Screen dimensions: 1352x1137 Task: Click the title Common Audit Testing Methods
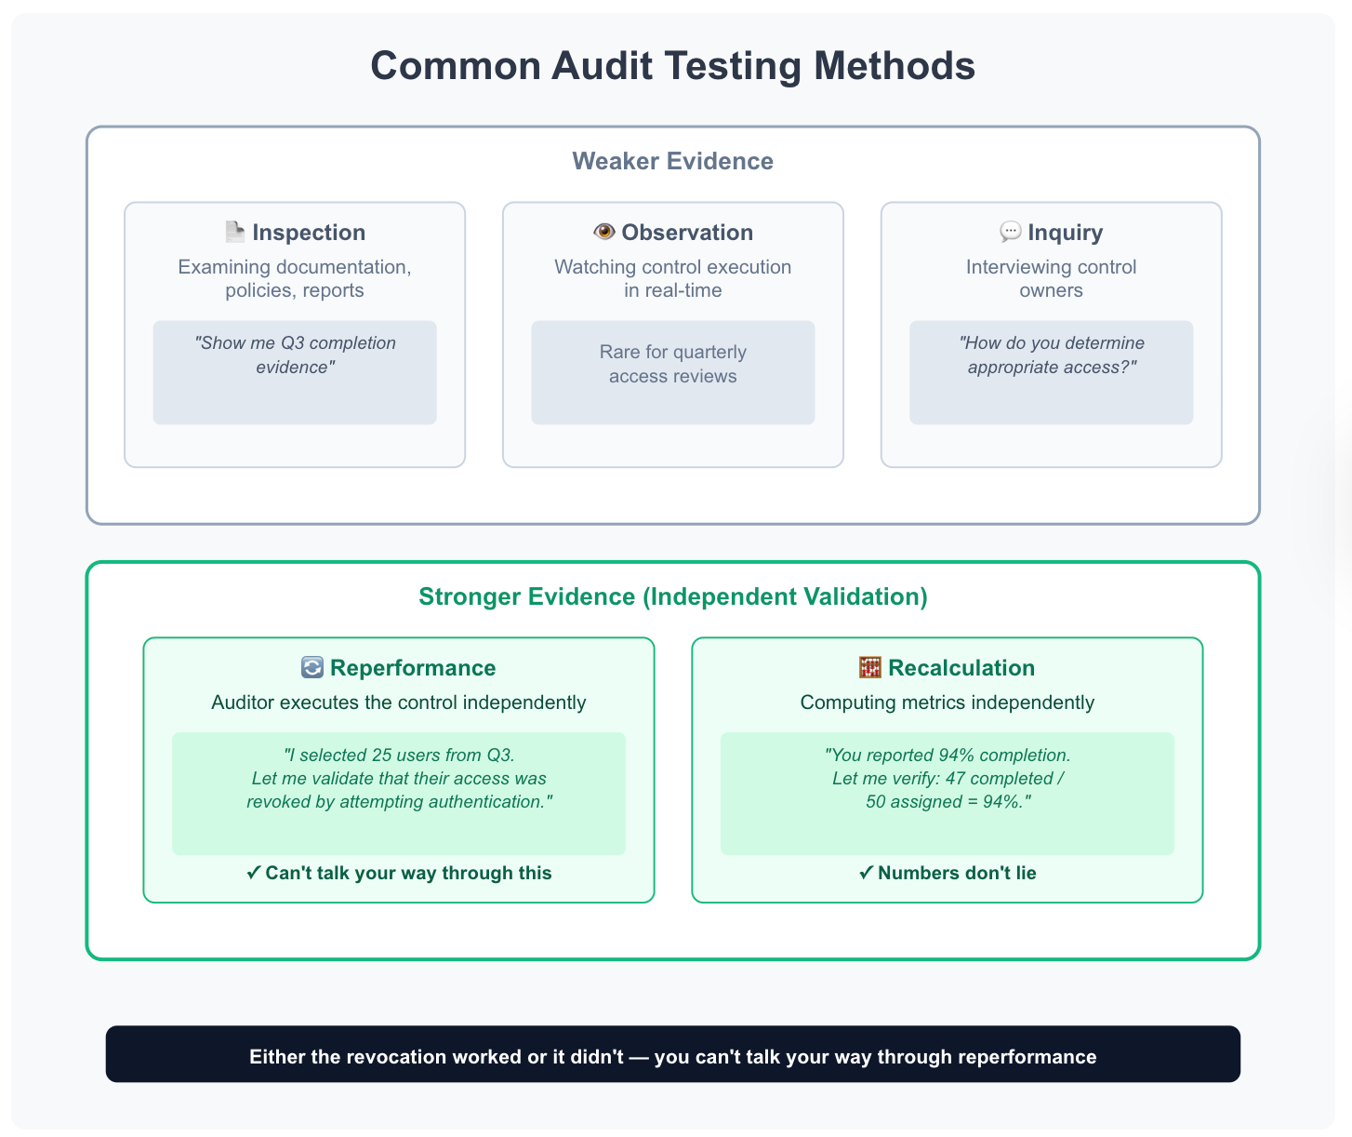tap(672, 66)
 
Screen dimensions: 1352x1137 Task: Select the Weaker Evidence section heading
tap(672, 161)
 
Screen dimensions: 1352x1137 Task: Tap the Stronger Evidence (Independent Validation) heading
tap(672, 596)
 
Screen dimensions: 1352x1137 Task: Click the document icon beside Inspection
tap(235, 232)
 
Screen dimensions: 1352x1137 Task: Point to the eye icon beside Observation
tap(604, 232)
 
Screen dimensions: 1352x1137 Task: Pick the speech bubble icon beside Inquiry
tap(1010, 232)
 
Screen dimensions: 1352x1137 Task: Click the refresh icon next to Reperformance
tap(312, 668)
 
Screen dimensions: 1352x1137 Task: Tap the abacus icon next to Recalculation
tap(869, 668)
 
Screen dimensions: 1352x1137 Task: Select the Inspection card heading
tap(309, 233)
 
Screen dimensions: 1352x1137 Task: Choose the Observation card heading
tap(687, 233)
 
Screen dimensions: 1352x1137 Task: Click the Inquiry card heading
tap(1065, 233)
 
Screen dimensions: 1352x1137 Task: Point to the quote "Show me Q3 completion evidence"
tap(295, 355)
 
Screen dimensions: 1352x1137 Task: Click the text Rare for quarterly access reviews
tap(672, 364)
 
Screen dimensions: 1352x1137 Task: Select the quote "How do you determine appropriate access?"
tap(1051, 355)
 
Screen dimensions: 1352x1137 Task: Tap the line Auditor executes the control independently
tap(398, 702)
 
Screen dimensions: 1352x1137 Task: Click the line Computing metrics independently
tap(947, 702)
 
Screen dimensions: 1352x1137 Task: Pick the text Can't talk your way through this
tap(408, 873)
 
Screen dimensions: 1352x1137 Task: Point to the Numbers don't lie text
tap(956, 873)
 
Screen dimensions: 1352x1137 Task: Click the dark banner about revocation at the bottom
tap(672, 1054)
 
